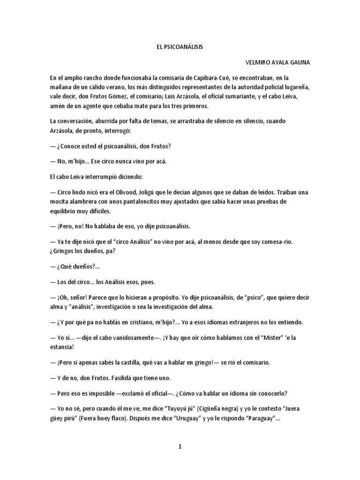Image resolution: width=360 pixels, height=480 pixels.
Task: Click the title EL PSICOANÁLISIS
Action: coord(180,47)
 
